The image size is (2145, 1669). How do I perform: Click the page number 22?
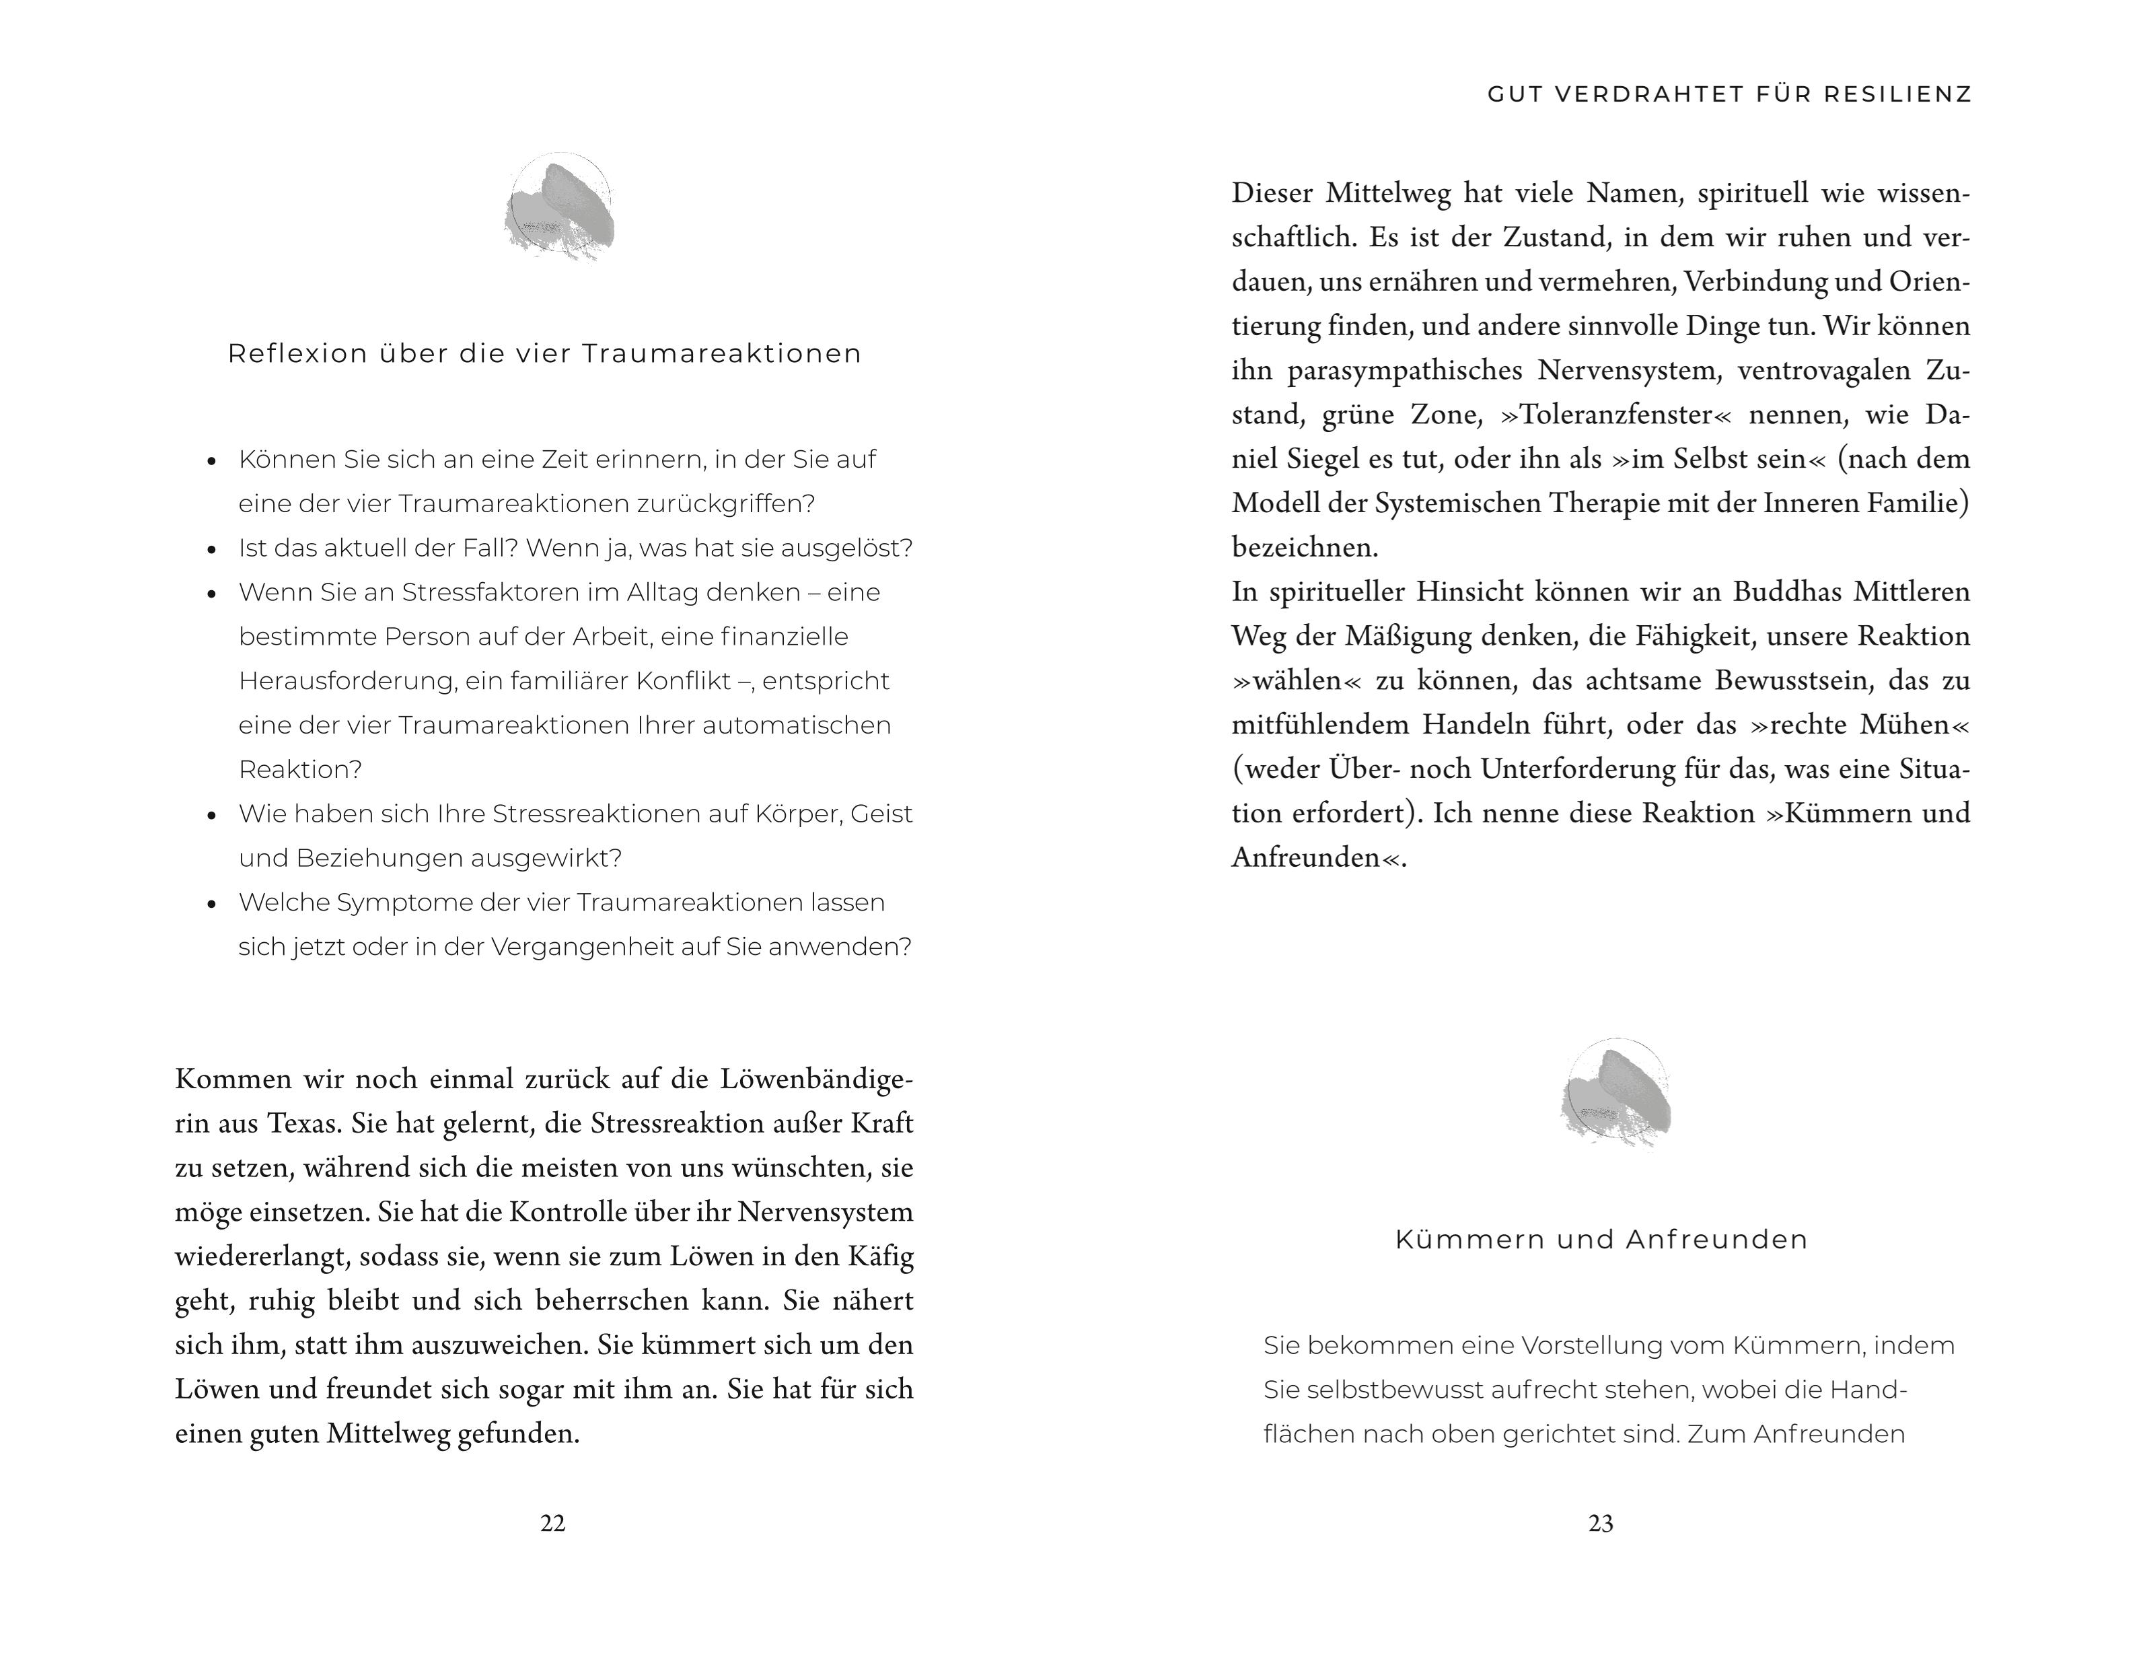coord(553,1523)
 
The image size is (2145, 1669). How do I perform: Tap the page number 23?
coord(1601,1523)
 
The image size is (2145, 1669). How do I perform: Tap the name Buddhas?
coord(1786,592)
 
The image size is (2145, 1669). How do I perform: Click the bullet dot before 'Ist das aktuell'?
coord(211,550)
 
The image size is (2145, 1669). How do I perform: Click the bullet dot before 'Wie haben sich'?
coord(211,816)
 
